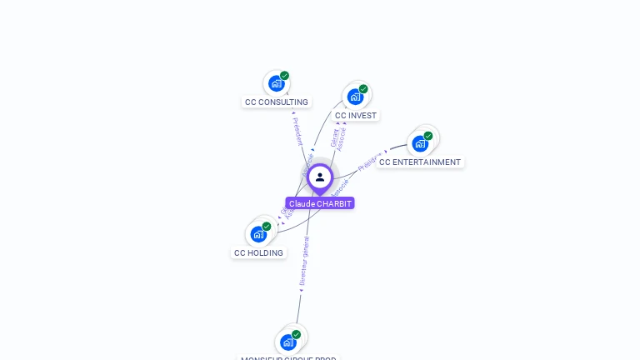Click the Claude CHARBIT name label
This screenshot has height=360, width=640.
(320, 203)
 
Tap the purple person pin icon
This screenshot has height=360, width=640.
(320, 177)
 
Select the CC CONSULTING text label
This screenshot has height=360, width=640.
(277, 102)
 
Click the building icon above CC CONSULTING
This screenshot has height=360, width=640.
(276, 84)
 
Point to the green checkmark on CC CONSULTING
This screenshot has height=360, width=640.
(284, 76)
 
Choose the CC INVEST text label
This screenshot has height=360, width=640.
(356, 116)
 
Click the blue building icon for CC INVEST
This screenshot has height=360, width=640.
(355, 97)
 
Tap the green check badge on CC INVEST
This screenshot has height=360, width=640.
(363, 89)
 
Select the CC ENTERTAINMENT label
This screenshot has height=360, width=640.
(420, 162)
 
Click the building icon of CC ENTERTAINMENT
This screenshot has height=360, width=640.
(420, 143)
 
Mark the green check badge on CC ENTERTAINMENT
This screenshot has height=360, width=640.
(428, 136)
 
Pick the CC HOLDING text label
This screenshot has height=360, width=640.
(258, 253)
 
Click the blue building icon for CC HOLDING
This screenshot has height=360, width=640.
(258, 234)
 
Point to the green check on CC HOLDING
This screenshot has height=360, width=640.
(267, 227)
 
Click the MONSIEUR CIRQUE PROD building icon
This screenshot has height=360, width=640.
(287, 342)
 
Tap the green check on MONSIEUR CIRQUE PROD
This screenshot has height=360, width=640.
(296, 334)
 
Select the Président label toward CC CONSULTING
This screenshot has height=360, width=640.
(298, 131)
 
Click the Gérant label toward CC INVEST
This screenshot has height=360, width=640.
(334, 137)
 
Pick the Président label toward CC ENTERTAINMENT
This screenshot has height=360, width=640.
(368, 162)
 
